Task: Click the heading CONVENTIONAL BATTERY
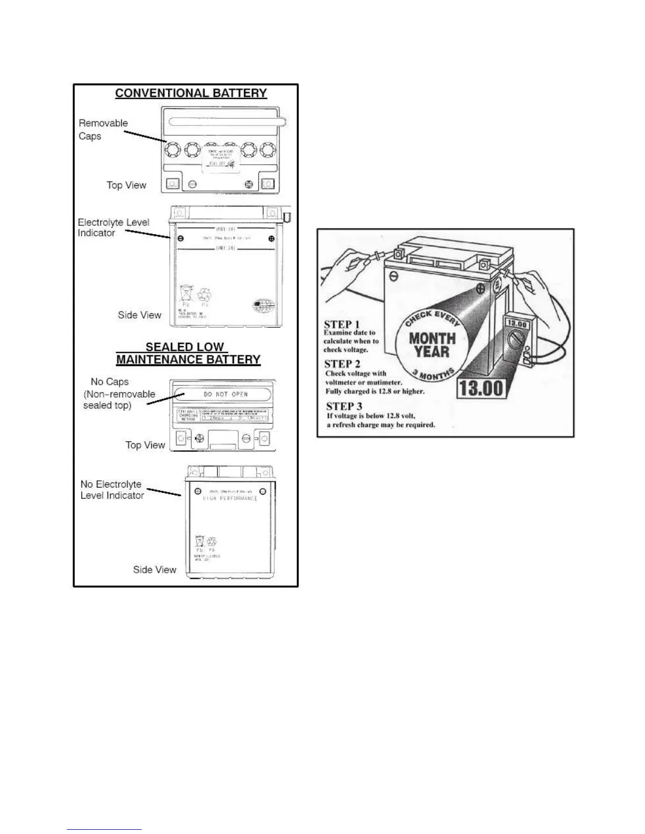click(191, 93)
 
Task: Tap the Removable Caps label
click(103, 130)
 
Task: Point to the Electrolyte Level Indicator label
click(113, 227)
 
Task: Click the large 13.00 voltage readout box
click(482, 389)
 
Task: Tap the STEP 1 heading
click(341, 324)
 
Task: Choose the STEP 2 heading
click(343, 364)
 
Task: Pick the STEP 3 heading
click(344, 406)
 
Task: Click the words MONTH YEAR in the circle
click(432, 345)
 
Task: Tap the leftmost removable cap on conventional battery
click(172, 152)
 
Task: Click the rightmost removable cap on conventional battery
click(269, 152)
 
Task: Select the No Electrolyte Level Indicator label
click(112, 490)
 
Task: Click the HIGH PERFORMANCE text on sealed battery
click(230, 498)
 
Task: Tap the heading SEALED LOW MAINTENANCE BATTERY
click(188, 353)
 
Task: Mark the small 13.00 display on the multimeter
click(516, 324)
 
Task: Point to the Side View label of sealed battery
click(154, 570)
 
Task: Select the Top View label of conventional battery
click(126, 185)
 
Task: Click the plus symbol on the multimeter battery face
click(480, 289)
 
